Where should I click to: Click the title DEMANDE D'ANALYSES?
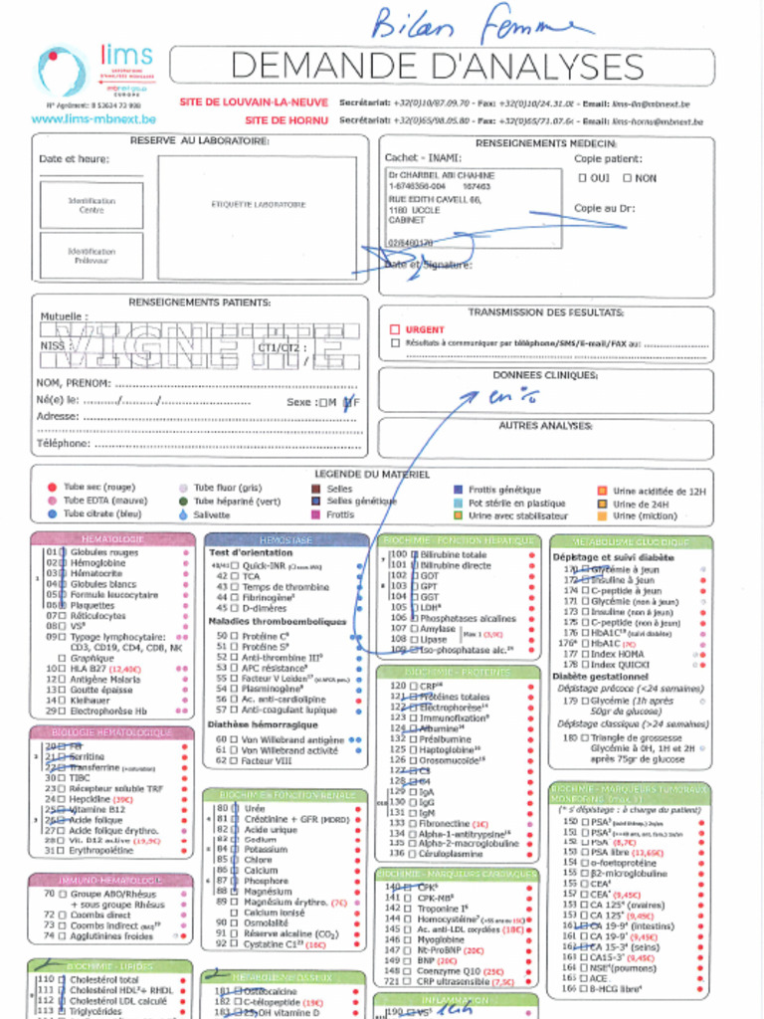pyautogui.click(x=439, y=66)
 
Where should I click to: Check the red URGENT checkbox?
pyautogui.click(x=395, y=329)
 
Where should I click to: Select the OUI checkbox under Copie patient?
pyautogui.click(x=582, y=178)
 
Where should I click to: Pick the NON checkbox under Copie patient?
pyautogui.click(x=627, y=178)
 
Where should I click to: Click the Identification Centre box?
pyautogui.click(x=92, y=205)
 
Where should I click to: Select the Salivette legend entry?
pyautogui.click(x=211, y=515)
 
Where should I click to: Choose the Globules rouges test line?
pyautogui.click(x=103, y=552)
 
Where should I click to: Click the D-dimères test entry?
pyautogui.click(x=265, y=607)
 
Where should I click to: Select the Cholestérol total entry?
pyautogui.click(x=103, y=979)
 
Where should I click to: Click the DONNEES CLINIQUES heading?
pyautogui.click(x=545, y=375)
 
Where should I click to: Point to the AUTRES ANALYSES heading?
pyautogui.click(x=545, y=425)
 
